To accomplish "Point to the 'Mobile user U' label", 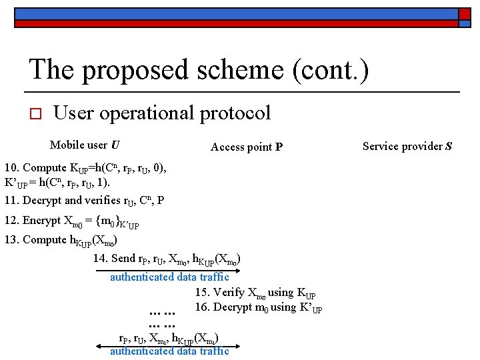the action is tap(85, 145).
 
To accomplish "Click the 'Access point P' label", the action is tap(246, 147).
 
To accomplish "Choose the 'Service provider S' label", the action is tap(407, 146).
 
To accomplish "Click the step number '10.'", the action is tap(11, 168).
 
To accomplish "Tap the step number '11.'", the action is tap(11, 200).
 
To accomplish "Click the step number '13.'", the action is tap(11, 240).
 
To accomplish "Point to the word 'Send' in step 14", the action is tap(123, 259).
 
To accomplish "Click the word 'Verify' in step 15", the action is tap(229, 292).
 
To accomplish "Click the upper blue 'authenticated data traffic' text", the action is tap(169, 277).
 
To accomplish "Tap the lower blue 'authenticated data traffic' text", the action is tap(169, 351).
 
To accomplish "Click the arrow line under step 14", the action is tap(167, 270).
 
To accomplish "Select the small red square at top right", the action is tap(464, 13).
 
